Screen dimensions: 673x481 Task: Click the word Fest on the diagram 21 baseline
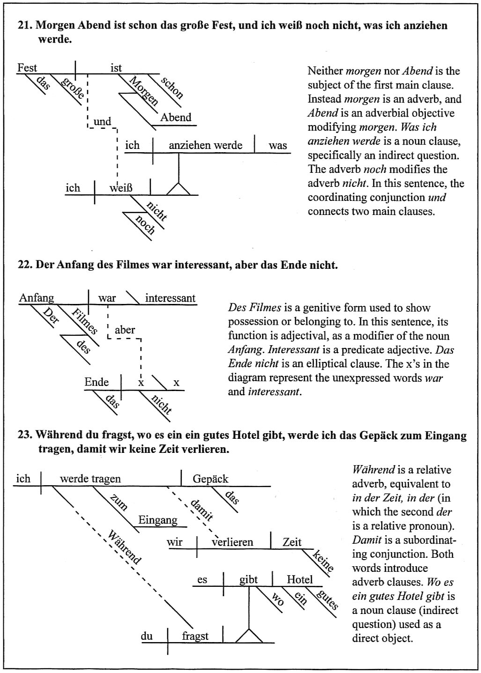click(27, 68)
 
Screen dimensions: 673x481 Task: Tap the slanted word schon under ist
click(172, 88)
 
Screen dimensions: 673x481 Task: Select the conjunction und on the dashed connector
click(103, 122)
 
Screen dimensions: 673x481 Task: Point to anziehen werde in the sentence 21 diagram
click(206, 145)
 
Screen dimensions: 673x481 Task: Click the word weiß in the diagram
click(121, 188)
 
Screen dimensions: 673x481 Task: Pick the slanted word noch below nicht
click(145, 225)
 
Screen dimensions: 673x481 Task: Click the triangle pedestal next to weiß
click(178, 188)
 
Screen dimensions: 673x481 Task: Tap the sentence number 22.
click(24, 265)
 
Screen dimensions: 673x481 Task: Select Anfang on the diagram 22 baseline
click(37, 298)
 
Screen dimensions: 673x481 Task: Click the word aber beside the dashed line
click(125, 330)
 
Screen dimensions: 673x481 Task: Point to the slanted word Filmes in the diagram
click(84, 321)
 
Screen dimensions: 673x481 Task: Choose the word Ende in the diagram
click(96, 382)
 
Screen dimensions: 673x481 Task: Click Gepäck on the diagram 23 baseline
click(210, 479)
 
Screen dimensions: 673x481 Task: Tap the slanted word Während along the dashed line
click(124, 547)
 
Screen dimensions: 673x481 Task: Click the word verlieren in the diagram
click(232, 542)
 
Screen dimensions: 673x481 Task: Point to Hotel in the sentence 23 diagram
click(299, 579)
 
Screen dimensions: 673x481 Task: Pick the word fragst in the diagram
click(195, 636)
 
